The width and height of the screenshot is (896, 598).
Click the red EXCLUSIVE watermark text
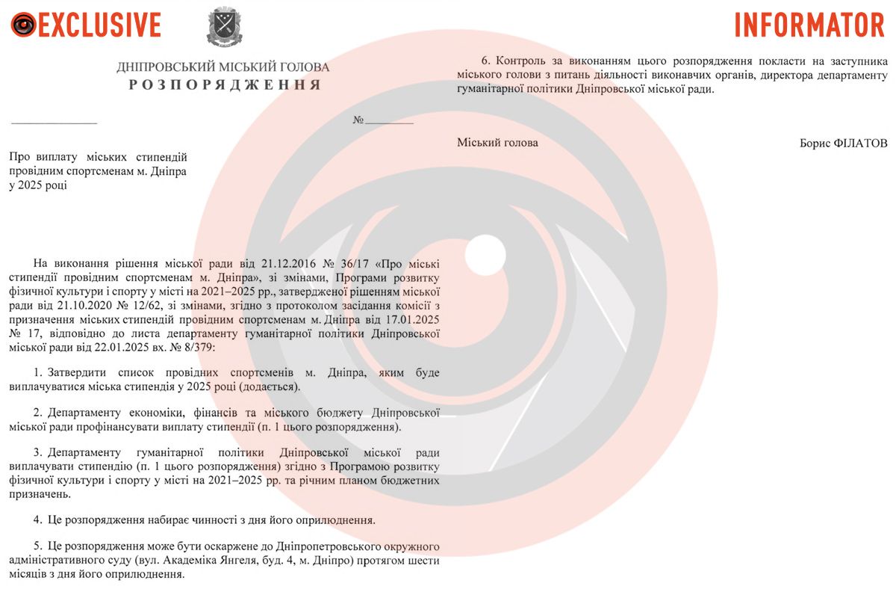(x=99, y=25)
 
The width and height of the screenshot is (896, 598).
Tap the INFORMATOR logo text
(x=809, y=25)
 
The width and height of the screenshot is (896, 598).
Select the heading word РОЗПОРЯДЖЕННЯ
(x=225, y=84)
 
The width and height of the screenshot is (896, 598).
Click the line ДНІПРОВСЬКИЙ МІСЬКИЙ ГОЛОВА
(x=223, y=67)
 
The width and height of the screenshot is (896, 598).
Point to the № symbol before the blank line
(x=358, y=120)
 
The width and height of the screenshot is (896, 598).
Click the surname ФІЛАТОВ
(x=860, y=143)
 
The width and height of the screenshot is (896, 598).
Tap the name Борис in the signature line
(x=815, y=143)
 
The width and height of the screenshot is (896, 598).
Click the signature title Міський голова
(x=497, y=143)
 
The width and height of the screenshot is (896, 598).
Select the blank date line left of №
(x=54, y=121)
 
